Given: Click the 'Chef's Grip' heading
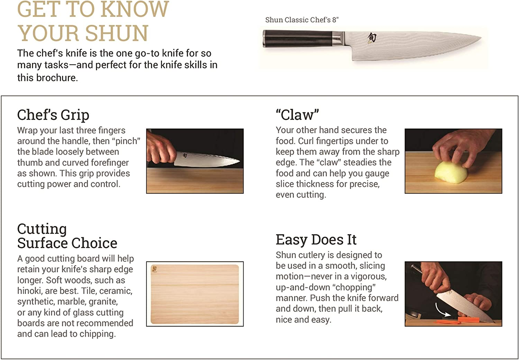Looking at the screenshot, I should (x=53, y=115).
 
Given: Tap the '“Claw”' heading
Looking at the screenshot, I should (x=297, y=115).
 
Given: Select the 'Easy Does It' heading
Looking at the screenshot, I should (x=316, y=240).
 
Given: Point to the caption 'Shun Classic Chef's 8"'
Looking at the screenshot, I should (x=302, y=20).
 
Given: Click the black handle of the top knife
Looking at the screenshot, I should (x=298, y=38).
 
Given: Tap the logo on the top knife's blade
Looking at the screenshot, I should (x=372, y=37).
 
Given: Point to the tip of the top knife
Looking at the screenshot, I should (x=480, y=37).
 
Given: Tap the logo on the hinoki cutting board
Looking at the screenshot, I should (x=154, y=269).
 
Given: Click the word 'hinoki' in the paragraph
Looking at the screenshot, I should (x=29, y=291).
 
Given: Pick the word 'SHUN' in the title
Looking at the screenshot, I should (x=116, y=34).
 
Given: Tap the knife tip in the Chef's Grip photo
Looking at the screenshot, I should (x=239, y=161).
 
